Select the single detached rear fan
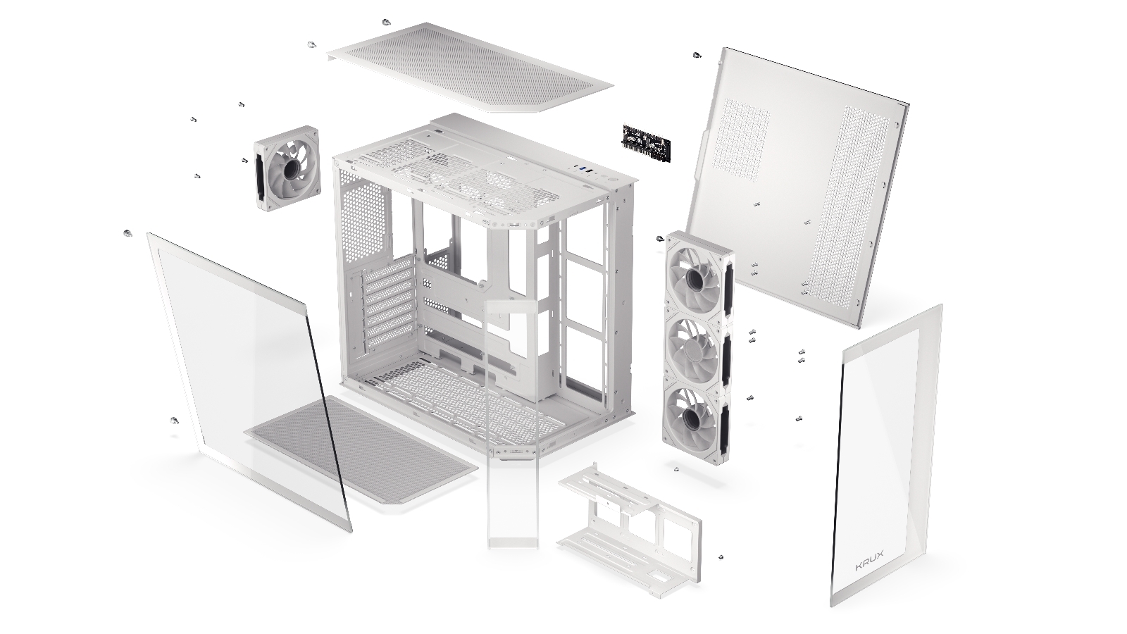pos(285,169)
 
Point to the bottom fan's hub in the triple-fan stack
pos(691,418)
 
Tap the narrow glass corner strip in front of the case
pos(513,423)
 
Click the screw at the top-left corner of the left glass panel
pos(127,233)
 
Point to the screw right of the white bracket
pos(721,557)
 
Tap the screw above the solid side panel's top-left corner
pos(697,55)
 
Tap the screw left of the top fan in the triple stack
pos(660,239)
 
